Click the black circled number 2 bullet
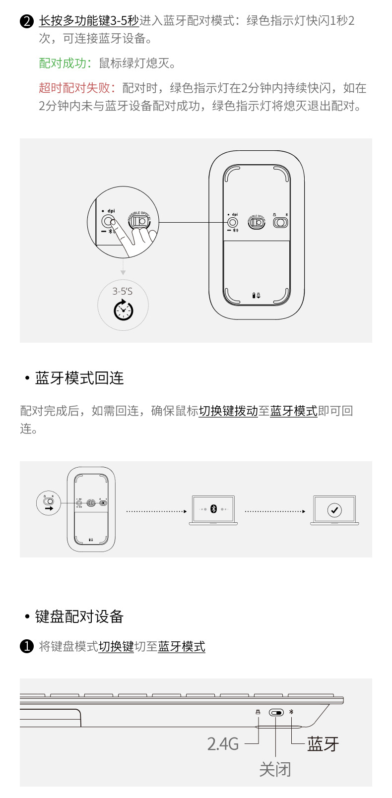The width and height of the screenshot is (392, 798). (26, 21)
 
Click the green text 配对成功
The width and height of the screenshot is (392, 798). (63, 63)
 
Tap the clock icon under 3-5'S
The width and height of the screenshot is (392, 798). (123, 310)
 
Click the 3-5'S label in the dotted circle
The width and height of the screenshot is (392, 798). (122, 291)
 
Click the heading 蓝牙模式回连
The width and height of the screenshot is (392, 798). (79, 378)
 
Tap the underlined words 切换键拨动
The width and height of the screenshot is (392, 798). (228, 411)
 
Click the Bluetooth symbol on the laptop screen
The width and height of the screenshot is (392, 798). (214, 509)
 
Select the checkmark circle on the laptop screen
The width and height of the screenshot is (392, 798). (334, 510)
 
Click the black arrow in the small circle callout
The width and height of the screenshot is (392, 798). (49, 508)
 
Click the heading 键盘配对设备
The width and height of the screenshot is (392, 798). (79, 617)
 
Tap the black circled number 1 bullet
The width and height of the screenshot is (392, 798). (26, 647)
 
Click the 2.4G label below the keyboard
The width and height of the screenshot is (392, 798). (223, 744)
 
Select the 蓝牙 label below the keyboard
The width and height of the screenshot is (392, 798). (323, 744)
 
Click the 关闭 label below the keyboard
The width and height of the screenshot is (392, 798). (275, 770)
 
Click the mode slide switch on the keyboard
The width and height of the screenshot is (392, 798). (276, 713)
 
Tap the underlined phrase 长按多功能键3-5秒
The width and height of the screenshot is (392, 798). (89, 21)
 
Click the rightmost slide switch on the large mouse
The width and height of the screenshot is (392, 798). (280, 222)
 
